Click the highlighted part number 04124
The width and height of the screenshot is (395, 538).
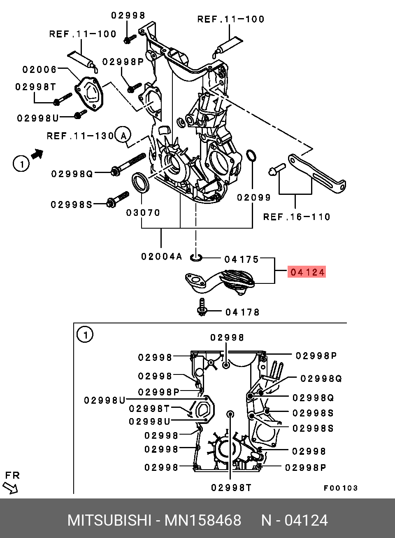(x=307, y=272)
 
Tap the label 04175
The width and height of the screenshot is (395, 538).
(x=242, y=260)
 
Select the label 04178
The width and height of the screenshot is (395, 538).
(x=242, y=312)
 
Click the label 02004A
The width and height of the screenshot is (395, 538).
(x=161, y=257)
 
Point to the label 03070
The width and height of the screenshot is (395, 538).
(x=143, y=213)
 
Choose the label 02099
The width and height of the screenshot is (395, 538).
(x=254, y=198)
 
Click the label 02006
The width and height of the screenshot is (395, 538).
(x=39, y=70)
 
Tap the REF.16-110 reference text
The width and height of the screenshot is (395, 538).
(x=297, y=217)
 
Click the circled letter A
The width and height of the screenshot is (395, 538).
(x=123, y=135)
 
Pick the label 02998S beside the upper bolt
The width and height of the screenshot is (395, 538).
(x=72, y=204)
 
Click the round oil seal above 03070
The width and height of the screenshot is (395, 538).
(x=141, y=183)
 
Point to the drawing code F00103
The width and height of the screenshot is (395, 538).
(x=341, y=488)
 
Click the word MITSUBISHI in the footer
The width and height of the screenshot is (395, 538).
(x=109, y=521)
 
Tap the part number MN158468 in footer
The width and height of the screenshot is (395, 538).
(x=203, y=521)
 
